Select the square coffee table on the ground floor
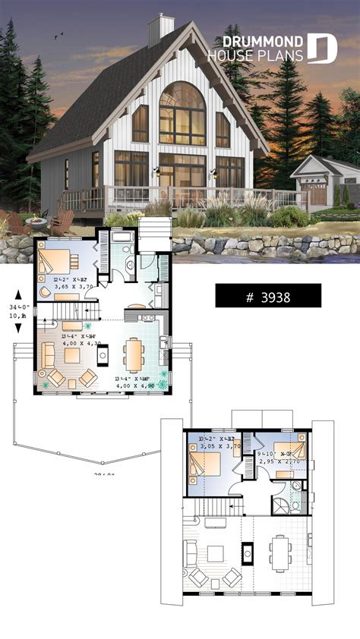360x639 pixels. (x=72, y=355)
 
